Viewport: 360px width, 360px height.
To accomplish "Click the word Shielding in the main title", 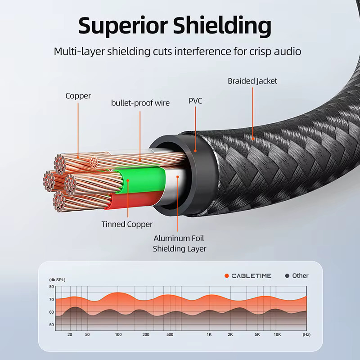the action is tap(222, 26).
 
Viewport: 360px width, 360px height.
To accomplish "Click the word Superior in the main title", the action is tap(123, 26).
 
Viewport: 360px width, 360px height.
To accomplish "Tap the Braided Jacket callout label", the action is tap(252, 81).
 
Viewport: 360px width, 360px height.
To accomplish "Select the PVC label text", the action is tap(195, 101).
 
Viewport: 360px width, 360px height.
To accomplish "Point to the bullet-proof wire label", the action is tap(140, 103).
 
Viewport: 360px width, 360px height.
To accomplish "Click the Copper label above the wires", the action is tap(78, 96).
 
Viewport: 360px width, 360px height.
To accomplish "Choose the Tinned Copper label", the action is tap(127, 224).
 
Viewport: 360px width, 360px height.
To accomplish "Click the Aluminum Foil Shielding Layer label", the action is tap(180, 243).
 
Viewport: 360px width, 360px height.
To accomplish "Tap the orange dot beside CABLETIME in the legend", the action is tap(227, 276).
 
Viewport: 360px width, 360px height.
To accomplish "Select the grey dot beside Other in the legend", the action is tap(287, 276).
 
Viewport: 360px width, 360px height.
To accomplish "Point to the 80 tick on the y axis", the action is tap(51, 287).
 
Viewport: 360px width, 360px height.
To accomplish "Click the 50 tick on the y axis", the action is tap(51, 324).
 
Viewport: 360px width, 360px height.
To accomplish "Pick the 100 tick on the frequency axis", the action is tap(118, 334).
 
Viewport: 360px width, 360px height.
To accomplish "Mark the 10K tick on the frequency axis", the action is tap(277, 334).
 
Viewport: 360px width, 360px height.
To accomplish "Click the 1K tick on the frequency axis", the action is tap(209, 334).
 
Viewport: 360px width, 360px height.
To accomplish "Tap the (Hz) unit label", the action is tap(306, 334).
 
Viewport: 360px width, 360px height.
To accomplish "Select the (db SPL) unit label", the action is tap(57, 279).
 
